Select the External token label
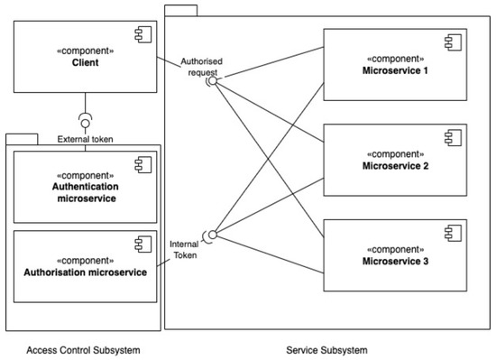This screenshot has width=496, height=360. (85, 139)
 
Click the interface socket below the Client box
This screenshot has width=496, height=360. (85, 119)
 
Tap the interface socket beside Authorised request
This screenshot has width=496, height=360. (213, 80)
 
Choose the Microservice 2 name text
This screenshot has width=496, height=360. (395, 165)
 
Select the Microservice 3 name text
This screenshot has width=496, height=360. (395, 261)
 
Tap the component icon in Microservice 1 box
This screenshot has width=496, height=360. (450, 42)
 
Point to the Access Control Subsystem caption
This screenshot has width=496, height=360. (85, 349)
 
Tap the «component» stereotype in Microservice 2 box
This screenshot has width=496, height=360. (395, 152)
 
